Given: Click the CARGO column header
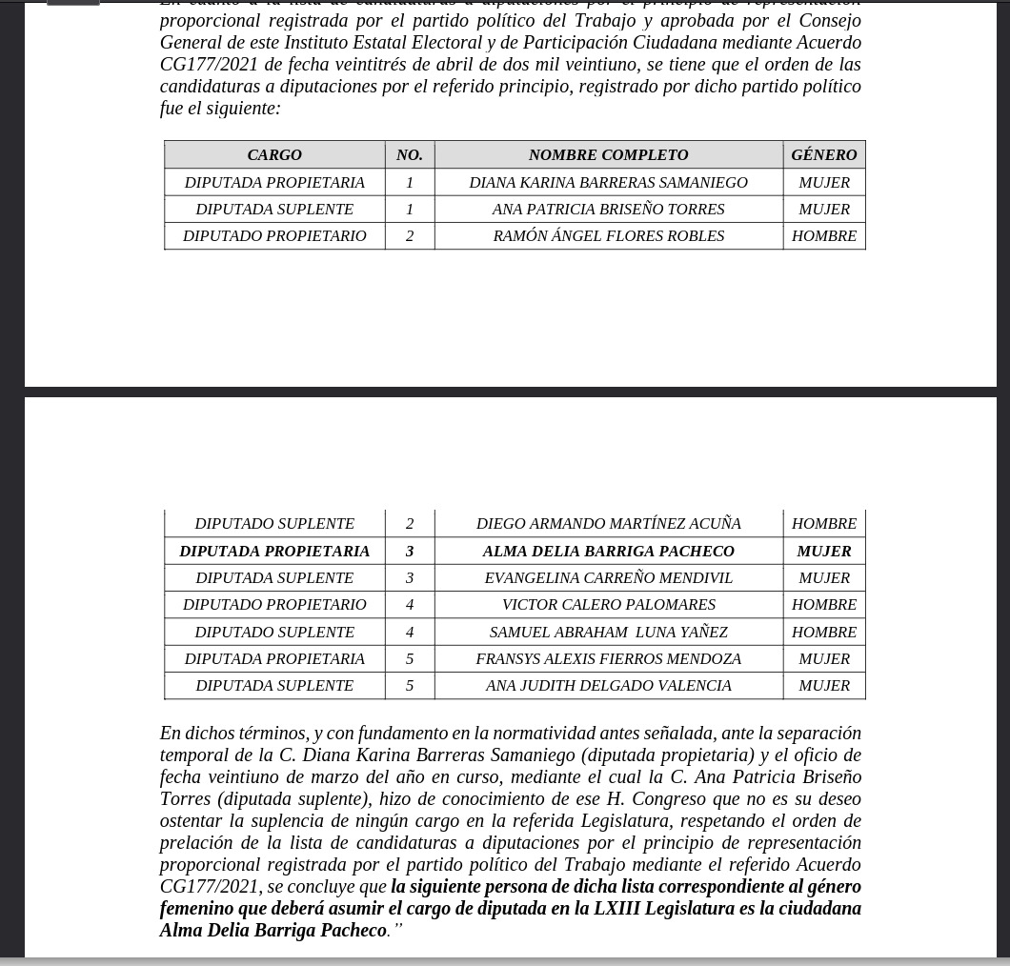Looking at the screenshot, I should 274,154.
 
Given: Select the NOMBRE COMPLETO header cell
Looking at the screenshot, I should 608,154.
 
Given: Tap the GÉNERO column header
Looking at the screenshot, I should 824,154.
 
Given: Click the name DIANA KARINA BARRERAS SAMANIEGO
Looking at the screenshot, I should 608,182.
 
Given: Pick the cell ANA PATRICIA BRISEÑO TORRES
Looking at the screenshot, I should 608,209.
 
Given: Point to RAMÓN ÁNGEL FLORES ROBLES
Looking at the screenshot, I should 608,235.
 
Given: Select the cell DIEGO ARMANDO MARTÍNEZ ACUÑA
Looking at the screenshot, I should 608,523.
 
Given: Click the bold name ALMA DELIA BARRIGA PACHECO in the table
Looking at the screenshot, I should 608,551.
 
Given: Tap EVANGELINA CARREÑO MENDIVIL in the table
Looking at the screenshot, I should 608,577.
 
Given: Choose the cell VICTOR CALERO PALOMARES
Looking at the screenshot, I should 608,604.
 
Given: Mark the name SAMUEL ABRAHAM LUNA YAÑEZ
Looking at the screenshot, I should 608,632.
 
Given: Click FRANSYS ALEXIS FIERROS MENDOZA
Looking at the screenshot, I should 608,658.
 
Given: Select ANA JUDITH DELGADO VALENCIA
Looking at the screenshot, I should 608,685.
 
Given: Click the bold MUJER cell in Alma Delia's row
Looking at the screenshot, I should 824,551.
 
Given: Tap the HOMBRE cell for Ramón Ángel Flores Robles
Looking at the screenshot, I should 824,235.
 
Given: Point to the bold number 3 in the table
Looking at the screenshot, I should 410,551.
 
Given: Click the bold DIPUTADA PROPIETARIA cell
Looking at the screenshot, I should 274,551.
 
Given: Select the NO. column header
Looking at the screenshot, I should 410,154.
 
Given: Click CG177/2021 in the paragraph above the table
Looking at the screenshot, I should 209,64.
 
